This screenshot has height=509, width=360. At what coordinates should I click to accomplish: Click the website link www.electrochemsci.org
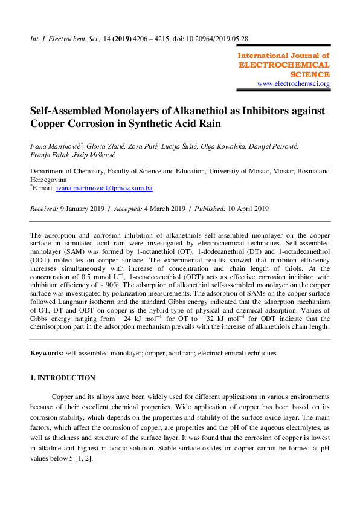point(293,84)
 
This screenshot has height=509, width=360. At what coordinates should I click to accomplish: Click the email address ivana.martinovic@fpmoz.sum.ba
point(104,189)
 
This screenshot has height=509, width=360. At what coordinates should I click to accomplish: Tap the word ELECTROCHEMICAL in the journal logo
point(284,65)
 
